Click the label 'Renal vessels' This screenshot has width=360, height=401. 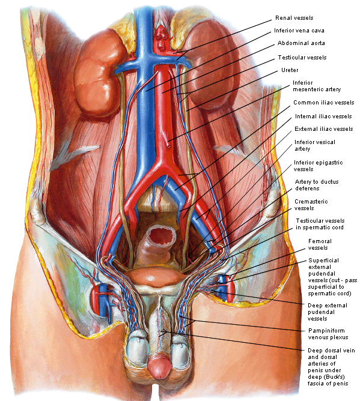click(294, 18)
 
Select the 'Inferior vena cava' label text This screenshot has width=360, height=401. click(299, 31)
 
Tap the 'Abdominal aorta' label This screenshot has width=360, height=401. click(301, 43)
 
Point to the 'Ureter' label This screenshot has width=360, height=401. click(290, 70)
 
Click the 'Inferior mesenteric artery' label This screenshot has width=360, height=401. click(317, 86)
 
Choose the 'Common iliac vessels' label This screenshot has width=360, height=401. click(324, 103)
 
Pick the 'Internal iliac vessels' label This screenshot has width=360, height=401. click(323, 116)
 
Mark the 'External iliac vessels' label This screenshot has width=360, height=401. click(324, 129)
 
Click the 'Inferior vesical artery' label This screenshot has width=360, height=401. click(315, 145)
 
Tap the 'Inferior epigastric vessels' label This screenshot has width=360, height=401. click(318, 166)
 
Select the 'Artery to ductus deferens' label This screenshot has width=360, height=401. click(317, 185)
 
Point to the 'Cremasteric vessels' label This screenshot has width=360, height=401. click(311, 205)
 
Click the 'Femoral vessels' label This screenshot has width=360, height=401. click(320, 244)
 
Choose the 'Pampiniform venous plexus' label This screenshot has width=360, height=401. click(328, 334)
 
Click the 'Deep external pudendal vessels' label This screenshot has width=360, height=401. click(327, 312)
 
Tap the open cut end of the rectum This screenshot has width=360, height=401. click(159, 235)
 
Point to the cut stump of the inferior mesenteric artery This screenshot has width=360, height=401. click(168, 145)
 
